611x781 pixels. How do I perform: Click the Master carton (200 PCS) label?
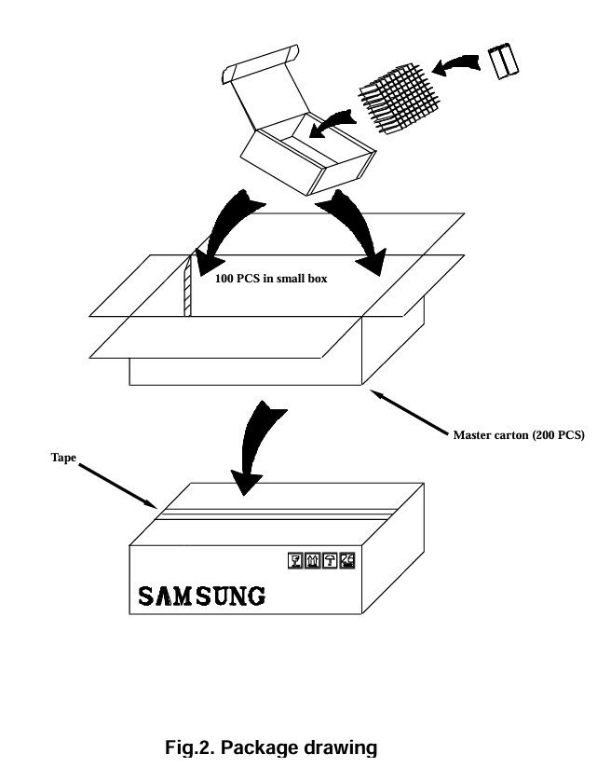[x=519, y=435]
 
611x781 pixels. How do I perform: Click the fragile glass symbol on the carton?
[x=297, y=560]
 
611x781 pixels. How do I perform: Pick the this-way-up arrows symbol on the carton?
[x=313, y=560]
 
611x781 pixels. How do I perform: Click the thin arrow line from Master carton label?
[x=410, y=412]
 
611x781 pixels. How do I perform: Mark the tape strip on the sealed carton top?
[x=279, y=512]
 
